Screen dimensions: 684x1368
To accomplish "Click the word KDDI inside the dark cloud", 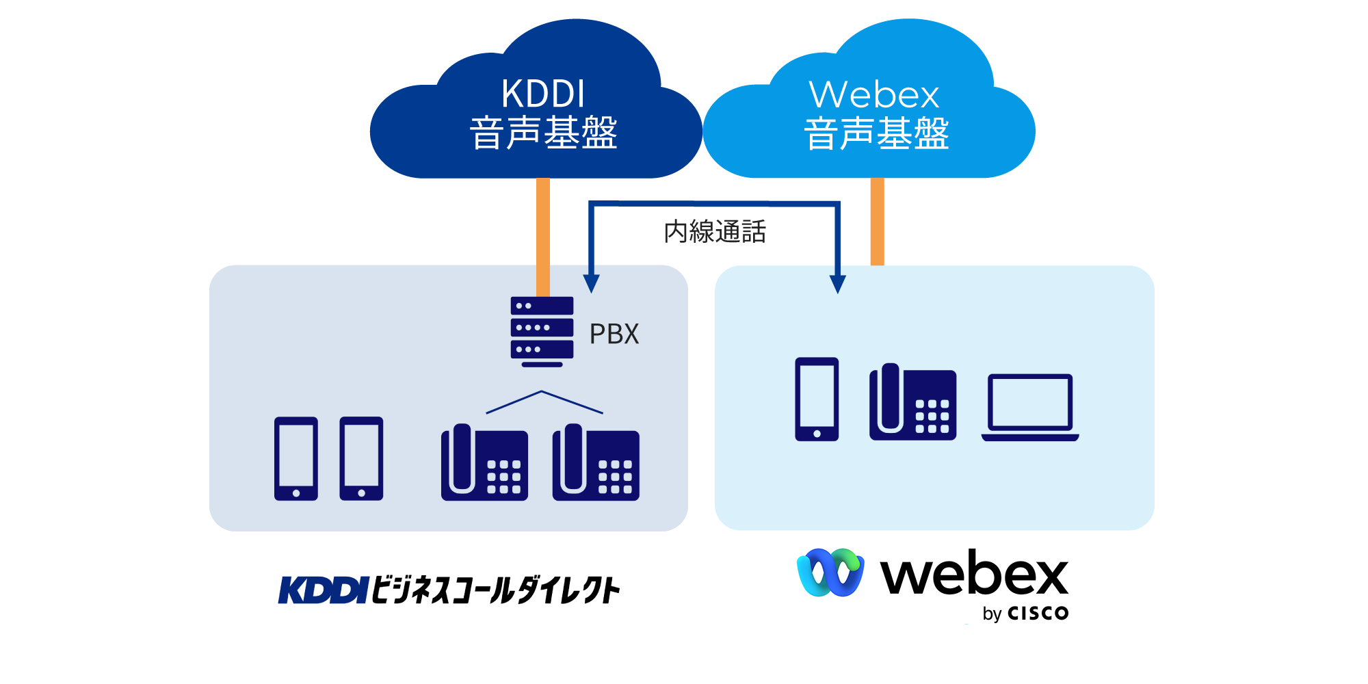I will [x=543, y=94].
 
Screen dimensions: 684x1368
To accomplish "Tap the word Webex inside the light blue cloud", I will [x=873, y=95].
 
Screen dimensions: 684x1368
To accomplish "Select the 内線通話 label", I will [x=715, y=232].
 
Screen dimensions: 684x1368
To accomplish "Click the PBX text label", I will [x=614, y=334].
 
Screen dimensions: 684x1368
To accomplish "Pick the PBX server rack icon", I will [x=542, y=330].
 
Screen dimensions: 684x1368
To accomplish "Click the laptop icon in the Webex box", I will [x=1030, y=407].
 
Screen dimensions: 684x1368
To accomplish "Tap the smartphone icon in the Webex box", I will [x=817, y=399].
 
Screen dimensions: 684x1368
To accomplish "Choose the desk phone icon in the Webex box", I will [x=912, y=402].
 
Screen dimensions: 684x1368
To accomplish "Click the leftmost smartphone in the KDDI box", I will [x=295, y=458].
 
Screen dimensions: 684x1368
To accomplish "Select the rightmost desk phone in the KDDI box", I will [x=596, y=462].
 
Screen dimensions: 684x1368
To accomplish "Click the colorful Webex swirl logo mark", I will [x=830, y=572].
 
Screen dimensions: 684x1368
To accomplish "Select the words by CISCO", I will [x=1025, y=613].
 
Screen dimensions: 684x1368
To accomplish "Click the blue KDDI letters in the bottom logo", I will [x=324, y=590].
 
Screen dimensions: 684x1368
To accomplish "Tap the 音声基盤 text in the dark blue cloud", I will [x=543, y=133].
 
